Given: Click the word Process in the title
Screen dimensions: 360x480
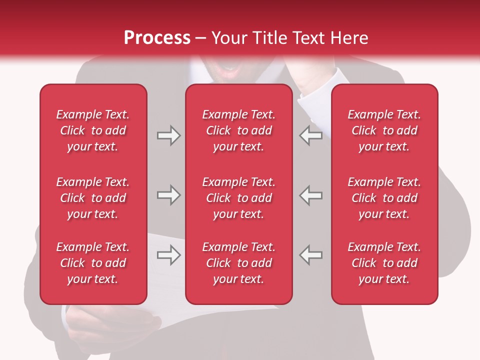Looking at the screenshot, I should coord(157,38).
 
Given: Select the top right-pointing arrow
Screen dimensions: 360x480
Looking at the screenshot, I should coord(168,135).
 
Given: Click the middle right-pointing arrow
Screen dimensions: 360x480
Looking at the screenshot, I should coord(168,195).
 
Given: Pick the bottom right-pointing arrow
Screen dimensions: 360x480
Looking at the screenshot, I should coord(168,255).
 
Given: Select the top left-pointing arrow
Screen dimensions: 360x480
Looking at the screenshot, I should coord(310,135).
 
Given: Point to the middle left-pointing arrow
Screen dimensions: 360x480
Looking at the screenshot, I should coord(310,195).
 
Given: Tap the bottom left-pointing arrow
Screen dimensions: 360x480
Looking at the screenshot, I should coord(310,255).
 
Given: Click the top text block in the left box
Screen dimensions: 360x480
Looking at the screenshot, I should coord(93,130).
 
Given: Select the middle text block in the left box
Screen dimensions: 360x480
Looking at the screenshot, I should coord(93,198).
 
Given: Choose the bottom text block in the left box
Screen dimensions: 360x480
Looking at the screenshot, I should coord(93,263).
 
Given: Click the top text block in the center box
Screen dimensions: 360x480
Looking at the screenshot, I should coord(239,130).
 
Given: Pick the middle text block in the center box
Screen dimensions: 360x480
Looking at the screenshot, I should coord(239,198).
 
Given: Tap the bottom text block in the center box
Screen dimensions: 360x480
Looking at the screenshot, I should coord(239,263).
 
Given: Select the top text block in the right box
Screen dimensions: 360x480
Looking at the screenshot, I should coord(384,130).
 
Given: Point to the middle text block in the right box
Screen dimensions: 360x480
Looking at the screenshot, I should coord(384,198).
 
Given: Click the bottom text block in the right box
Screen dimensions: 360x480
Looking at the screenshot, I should coord(384,263).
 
